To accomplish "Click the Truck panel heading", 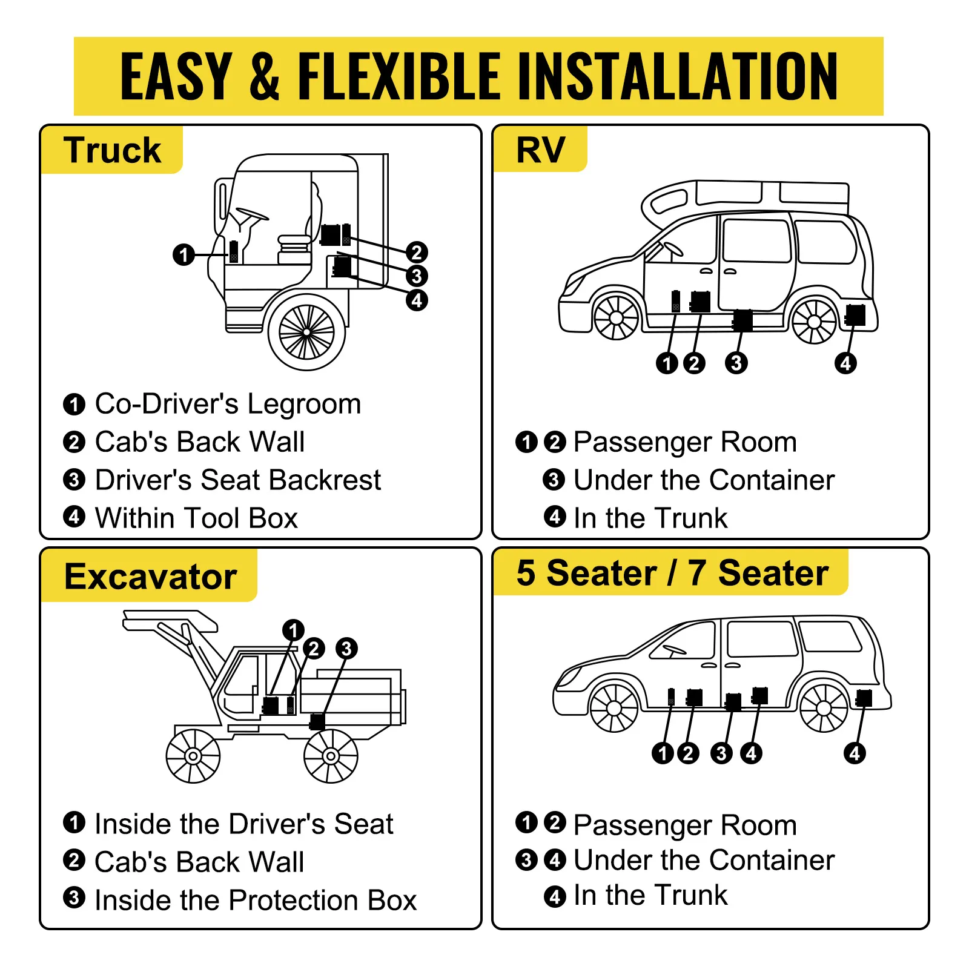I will [112, 150].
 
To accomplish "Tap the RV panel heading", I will [540, 150].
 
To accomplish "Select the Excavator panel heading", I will [150, 576].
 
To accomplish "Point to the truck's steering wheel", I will [252, 214].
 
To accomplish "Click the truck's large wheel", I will [306, 332].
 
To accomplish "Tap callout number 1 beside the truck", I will [184, 254].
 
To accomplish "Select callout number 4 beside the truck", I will [417, 300].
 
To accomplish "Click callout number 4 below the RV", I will [845, 363].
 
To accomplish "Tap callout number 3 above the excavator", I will [346, 648].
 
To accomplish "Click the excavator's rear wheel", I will [331, 756].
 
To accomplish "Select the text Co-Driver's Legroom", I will [228, 404].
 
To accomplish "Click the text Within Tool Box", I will [196, 518].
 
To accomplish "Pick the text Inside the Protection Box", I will [256, 900].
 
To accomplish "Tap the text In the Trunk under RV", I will [650, 518].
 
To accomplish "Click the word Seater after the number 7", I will [773, 573].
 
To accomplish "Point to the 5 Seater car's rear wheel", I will [824, 707].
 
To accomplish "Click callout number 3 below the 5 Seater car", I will [721, 753].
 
